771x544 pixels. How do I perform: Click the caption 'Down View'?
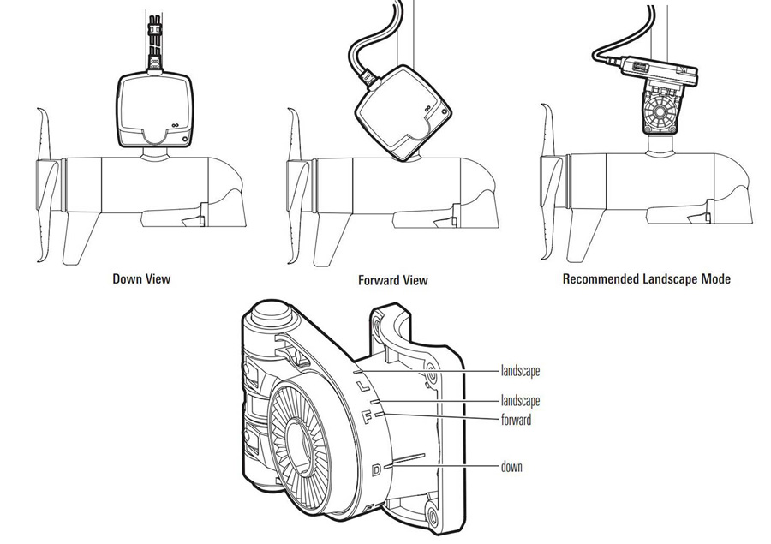tap(141, 278)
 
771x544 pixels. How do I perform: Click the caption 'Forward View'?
tap(392, 280)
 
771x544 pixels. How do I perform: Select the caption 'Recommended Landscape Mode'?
tap(647, 278)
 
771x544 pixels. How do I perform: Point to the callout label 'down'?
tap(512, 467)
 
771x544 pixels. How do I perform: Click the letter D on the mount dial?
tap(376, 469)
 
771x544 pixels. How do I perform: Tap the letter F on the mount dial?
tap(367, 417)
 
